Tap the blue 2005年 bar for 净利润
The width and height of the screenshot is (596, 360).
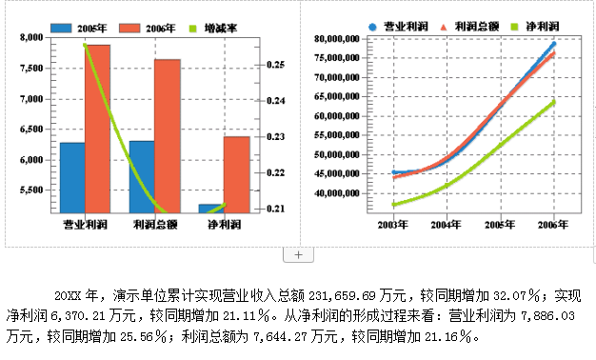(210, 209)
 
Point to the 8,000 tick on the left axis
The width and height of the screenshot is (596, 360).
(31, 37)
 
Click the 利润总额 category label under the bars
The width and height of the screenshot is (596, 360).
(154, 225)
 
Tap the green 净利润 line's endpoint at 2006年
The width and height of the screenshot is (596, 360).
(553, 101)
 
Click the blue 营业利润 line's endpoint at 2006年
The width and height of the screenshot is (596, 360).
(553, 44)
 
